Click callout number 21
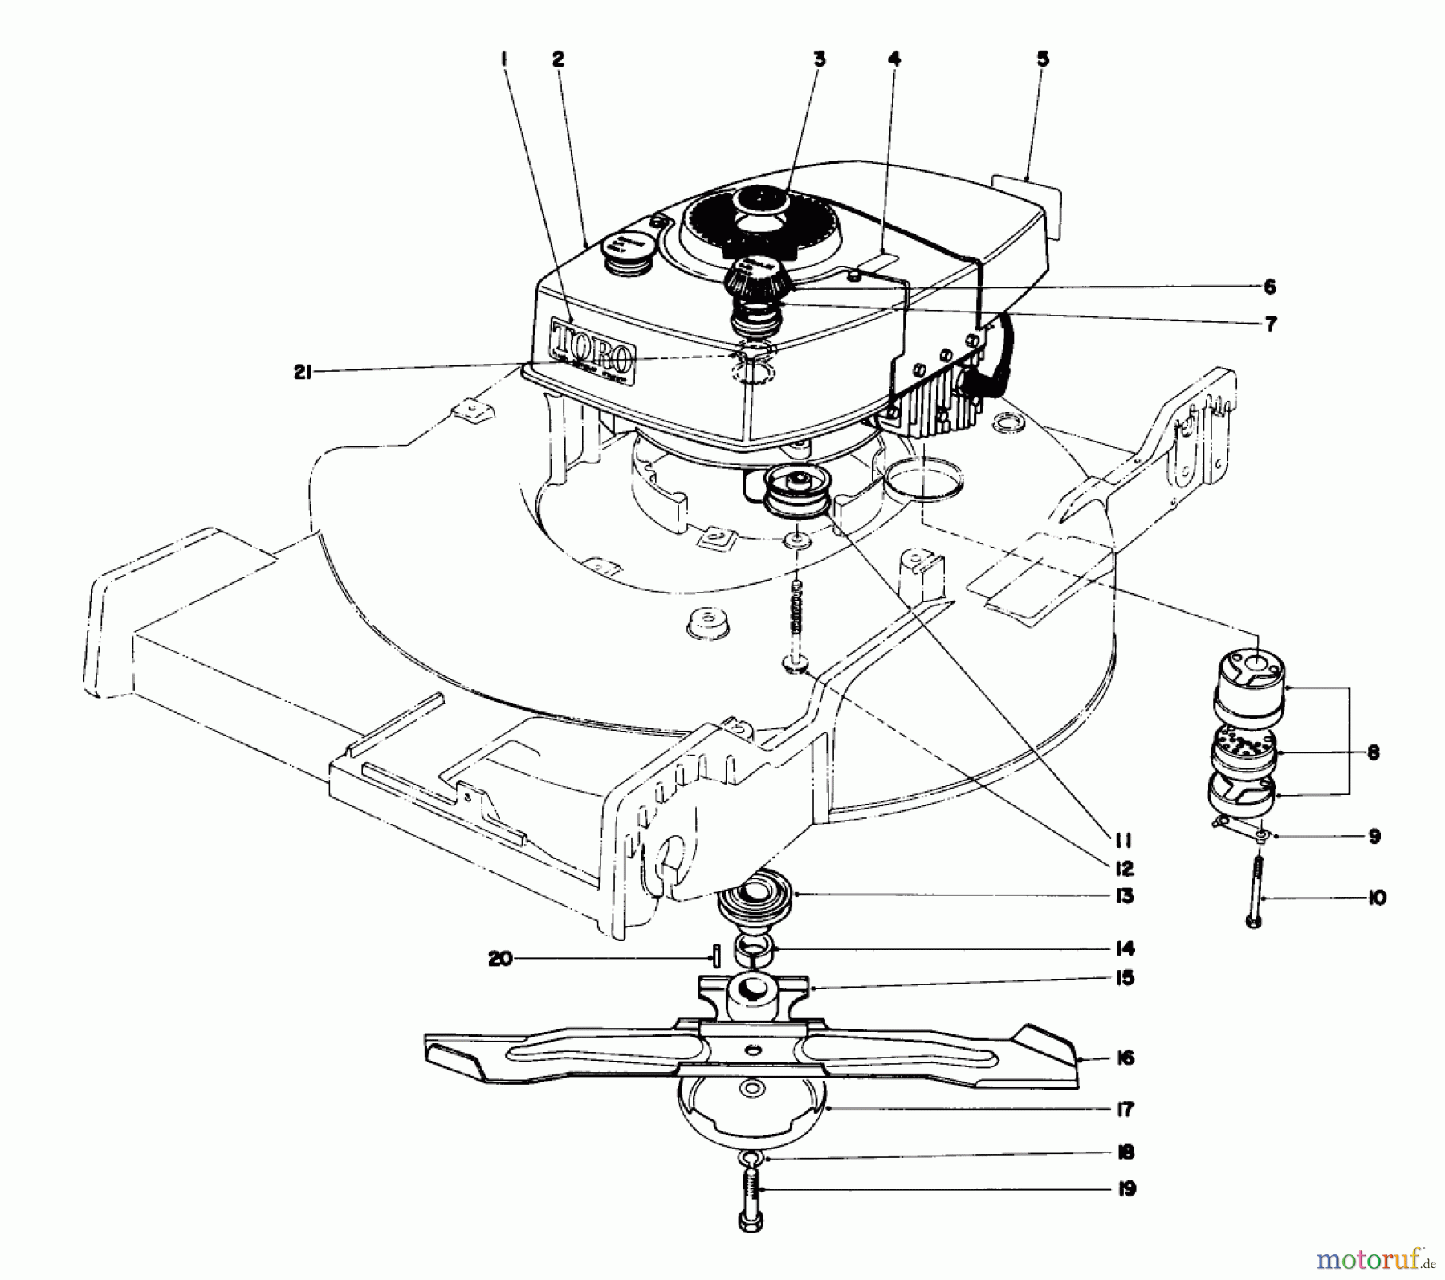point(302,373)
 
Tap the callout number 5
point(1042,59)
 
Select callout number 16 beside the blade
point(1125,1058)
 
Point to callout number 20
point(500,959)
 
